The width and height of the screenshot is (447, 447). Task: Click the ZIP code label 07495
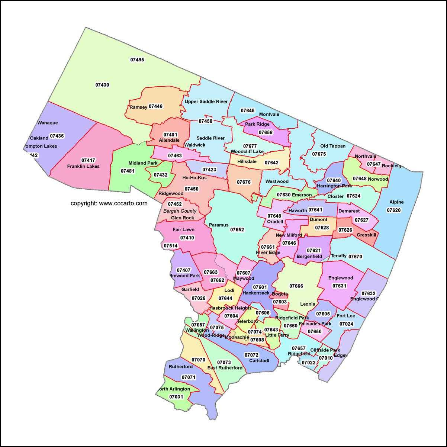pyautogui.click(x=137, y=60)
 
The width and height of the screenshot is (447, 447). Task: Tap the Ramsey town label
pyautogui.click(x=138, y=107)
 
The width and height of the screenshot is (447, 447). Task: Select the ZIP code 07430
pyautogui.click(x=102, y=85)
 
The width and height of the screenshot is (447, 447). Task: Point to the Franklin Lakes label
pyautogui.click(x=83, y=166)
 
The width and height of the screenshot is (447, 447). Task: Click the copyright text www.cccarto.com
pyautogui.click(x=109, y=203)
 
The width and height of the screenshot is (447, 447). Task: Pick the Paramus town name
pyautogui.click(x=218, y=225)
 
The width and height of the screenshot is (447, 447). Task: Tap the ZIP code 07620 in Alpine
pyautogui.click(x=394, y=210)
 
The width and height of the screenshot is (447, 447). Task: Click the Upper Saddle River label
pyautogui.click(x=206, y=102)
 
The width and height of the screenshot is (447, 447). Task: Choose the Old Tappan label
pyautogui.click(x=333, y=146)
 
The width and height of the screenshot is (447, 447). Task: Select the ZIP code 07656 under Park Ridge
pyautogui.click(x=266, y=132)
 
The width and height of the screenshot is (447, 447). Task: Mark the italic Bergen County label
pyautogui.click(x=180, y=211)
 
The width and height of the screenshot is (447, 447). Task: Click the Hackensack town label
pyautogui.click(x=256, y=293)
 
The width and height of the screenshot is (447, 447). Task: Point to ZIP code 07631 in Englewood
pyautogui.click(x=339, y=286)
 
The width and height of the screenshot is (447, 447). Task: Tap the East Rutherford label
pyautogui.click(x=225, y=368)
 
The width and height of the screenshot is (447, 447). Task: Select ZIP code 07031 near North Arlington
pyautogui.click(x=176, y=397)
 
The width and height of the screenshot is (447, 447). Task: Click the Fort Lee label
pyautogui.click(x=346, y=316)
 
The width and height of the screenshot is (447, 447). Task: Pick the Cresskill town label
pyautogui.click(x=366, y=235)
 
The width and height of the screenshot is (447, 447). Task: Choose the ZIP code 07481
pyautogui.click(x=128, y=171)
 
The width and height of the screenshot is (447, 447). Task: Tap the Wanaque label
pyautogui.click(x=48, y=123)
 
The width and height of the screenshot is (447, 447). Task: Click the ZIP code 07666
pyautogui.click(x=296, y=286)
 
